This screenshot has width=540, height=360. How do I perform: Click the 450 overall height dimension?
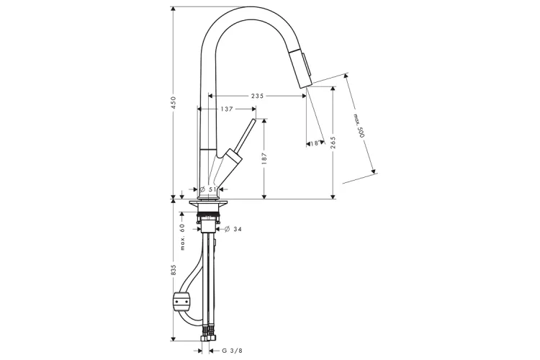tap(174, 103)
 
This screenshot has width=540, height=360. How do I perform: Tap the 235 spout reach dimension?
tap(257, 96)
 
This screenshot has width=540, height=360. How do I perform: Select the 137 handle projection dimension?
tap(227, 109)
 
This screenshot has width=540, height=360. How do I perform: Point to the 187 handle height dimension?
tap(264, 159)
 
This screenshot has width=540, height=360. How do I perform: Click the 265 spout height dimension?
tap(333, 143)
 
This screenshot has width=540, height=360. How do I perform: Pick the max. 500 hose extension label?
tap(358, 126)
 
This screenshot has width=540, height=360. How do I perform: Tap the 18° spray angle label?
tap(315, 143)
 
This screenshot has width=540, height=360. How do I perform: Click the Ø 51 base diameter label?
tap(208, 189)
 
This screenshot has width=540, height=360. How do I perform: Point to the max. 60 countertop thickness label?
tap(183, 237)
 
